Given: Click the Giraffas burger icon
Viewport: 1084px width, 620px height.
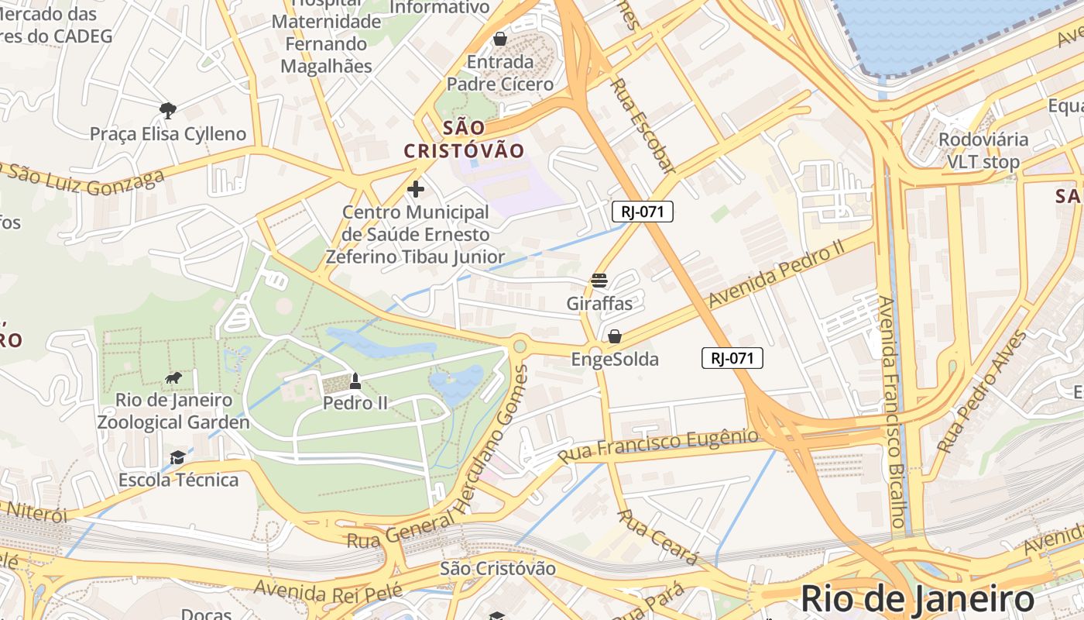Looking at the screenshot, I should click(x=599, y=281).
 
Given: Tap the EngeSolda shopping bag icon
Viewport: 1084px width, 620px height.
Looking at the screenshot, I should click(x=614, y=336).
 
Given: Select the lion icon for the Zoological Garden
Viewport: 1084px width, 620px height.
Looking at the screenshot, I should click(x=173, y=377).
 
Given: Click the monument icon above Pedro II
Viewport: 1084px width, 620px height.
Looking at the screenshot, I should click(x=355, y=381).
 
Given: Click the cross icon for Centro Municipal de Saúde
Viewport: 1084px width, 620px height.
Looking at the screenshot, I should click(x=416, y=188).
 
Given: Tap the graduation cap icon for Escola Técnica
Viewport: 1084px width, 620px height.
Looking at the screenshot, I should click(x=177, y=457).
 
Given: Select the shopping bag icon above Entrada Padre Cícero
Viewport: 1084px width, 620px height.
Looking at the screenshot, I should click(x=500, y=39).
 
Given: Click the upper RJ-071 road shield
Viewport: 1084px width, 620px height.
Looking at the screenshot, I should click(x=642, y=212).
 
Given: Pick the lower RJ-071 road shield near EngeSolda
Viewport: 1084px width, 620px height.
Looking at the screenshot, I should click(x=732, y=358).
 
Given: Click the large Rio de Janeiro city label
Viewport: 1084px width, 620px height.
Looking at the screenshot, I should click(x=917, y=599).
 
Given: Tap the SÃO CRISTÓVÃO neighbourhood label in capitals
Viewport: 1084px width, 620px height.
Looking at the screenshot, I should click(x=465, y=139).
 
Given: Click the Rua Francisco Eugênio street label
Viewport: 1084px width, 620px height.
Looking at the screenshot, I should click(x=658, y=446).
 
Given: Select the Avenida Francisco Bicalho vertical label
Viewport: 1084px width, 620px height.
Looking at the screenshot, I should click(x=891, y=411).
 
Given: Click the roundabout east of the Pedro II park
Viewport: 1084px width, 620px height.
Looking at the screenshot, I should click(x=520, y=346).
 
